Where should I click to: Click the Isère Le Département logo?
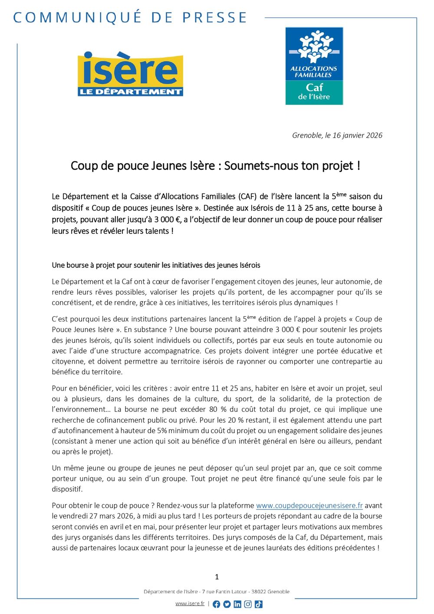click(130, 74)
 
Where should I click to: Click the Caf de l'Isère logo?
click(314, 66)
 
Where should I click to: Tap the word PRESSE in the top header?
click(214, 17)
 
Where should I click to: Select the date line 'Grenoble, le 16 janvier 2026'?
click(337, 135)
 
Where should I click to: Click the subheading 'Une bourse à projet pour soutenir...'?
click(156, 265)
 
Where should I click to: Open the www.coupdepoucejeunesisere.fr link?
click(309, 506)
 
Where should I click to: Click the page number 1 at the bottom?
click(217, 577)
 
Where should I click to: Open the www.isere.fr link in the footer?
click(190, 604)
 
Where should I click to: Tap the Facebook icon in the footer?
click(217, 604)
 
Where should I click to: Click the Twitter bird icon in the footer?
click(227, 604)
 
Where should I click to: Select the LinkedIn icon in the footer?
click(237, 604)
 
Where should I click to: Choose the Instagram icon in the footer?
click(248, 604)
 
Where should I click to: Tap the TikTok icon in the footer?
click(258, 604)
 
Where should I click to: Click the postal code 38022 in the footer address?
click(259, 591)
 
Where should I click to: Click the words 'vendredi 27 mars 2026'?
click(91, 516)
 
